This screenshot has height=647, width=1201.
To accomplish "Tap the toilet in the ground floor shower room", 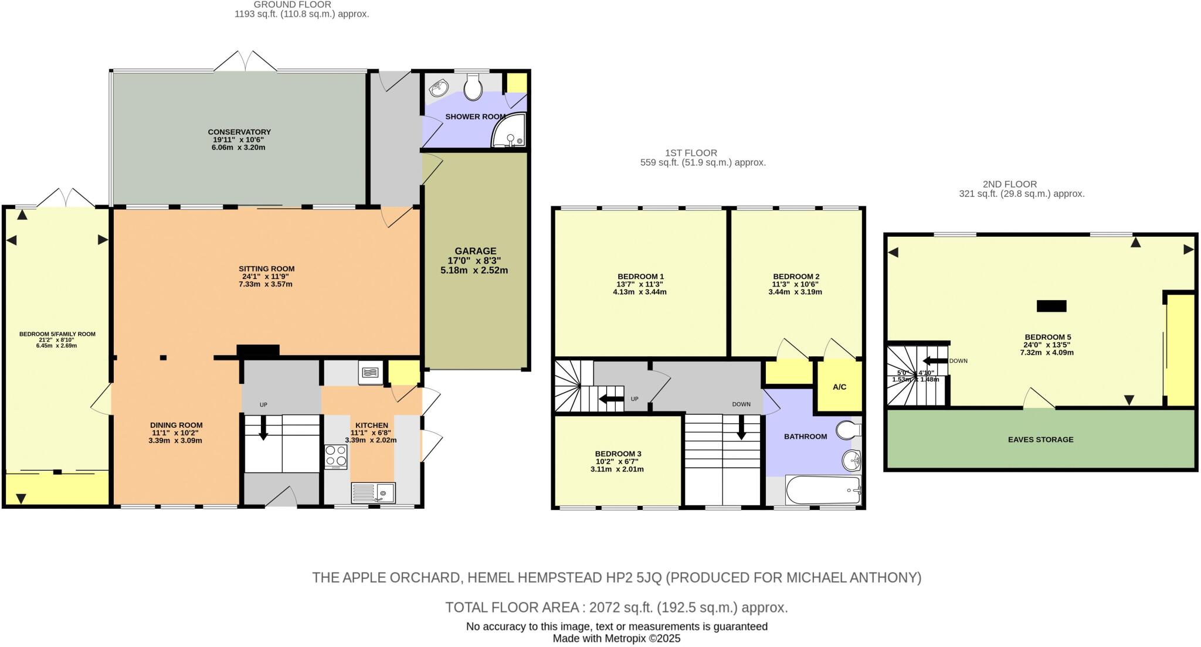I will pos(473,88).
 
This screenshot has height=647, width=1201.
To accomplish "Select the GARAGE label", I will pos(475,251).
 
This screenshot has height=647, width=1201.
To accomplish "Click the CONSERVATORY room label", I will pos(239,132).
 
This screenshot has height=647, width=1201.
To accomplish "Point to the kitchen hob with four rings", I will pos(336,456).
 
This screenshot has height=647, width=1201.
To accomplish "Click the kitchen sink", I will pos(373,492).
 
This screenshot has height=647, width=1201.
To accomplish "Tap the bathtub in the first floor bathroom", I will pos(822,490).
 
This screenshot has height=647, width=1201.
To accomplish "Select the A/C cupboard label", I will pos(839,387).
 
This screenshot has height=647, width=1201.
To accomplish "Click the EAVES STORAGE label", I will pos(1040,440).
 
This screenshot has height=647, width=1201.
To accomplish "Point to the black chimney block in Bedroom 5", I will pos(1051,306).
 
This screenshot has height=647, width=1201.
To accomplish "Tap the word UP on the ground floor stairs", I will pos(263,405).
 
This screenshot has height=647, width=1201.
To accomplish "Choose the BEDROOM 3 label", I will pos(618,454).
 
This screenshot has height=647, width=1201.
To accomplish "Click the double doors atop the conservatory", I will pos(245,62).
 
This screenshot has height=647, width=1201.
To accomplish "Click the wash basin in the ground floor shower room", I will pos(439,89).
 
